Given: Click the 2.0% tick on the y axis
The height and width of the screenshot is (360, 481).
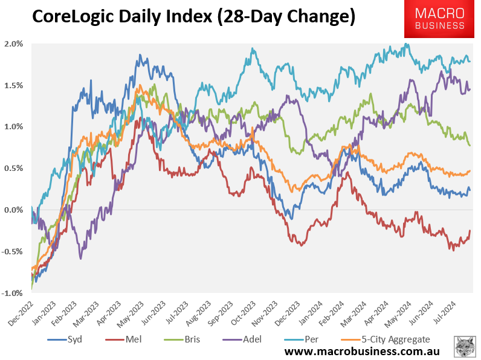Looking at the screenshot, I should pos(13,44).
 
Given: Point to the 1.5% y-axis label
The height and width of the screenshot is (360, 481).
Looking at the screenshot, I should pos(13,85).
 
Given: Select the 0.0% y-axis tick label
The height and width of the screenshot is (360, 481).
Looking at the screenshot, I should pos(13,210).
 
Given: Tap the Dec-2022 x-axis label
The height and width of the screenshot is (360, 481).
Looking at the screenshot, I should pos(20,313).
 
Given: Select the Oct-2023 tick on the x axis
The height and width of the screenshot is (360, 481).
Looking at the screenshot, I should pos(244,313).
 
